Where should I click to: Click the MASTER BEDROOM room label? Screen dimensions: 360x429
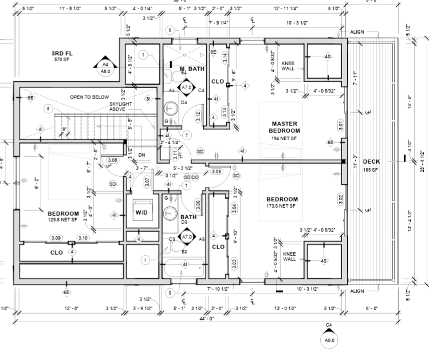(x=286, y=127)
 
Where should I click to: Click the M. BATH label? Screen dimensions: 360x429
(x=192, y=69)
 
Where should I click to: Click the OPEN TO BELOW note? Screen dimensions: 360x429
(x=89, y=97)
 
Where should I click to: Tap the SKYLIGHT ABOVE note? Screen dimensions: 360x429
(x=121, y=106)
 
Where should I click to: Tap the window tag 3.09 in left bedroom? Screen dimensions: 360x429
(x=56, y=238)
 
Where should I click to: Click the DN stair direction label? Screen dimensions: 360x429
(x=142, y=155)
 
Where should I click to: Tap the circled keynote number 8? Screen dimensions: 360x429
(x=170, y=30)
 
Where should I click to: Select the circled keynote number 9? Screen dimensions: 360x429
(x=170, y=293)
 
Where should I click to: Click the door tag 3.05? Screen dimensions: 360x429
(x=216, y=171)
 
